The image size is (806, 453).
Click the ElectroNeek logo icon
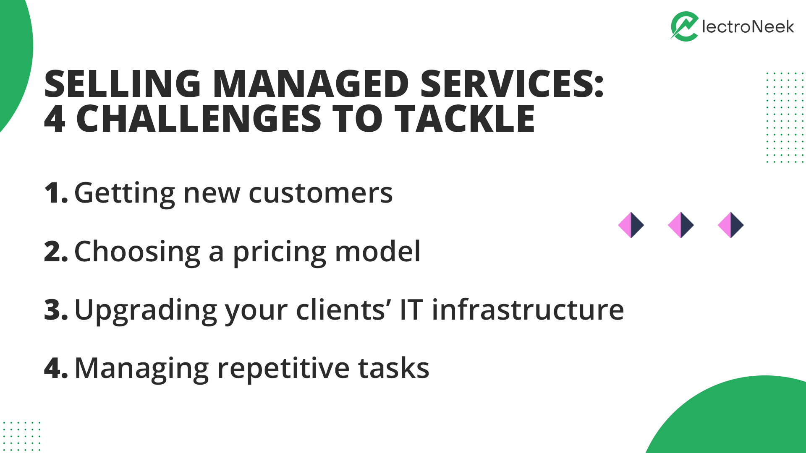click(x=684, y=26)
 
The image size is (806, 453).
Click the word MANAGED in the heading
click(x=311, y=84)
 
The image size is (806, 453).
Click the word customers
click(x=321, y=193)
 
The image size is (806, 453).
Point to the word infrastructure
click(x=528, y=310)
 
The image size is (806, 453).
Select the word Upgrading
click(x=146, y=311)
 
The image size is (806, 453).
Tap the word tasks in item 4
click(x=394, y=368)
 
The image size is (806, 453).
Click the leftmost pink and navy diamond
click(x=631, y=225)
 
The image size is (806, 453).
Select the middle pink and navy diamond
click(x=681, y=225)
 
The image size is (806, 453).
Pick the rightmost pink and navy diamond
click(x=731, y=225)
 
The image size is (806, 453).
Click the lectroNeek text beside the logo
click(x=748, y=27)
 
